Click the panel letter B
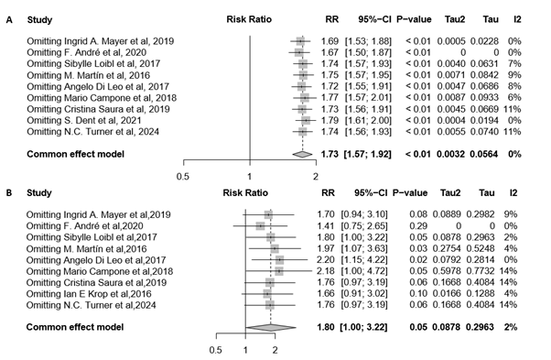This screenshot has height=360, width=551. (x=8, y=194)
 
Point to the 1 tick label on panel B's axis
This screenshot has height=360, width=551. (x=244, y=349)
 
